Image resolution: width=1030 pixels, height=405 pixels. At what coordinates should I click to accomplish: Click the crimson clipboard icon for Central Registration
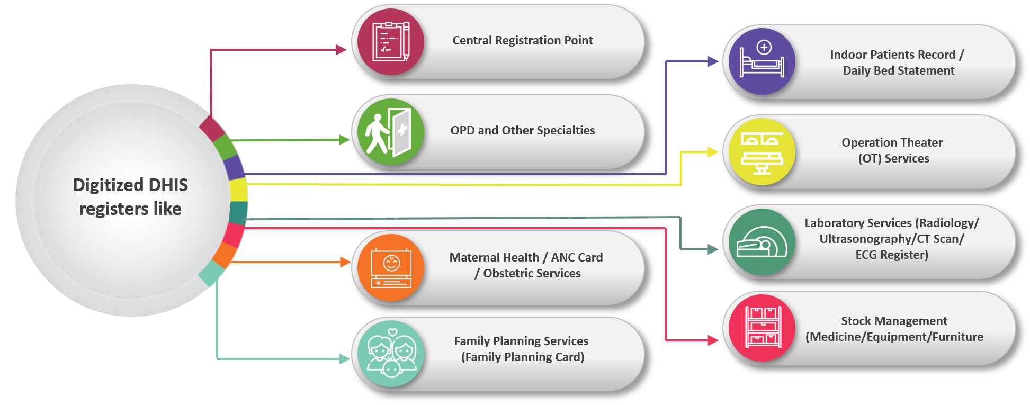coord(391,42)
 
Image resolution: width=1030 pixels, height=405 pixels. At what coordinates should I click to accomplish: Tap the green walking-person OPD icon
coord(391,132)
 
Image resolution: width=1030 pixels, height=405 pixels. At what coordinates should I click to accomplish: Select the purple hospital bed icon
coord(762,61)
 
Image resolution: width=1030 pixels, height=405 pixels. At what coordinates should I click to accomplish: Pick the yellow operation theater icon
coord(762,152)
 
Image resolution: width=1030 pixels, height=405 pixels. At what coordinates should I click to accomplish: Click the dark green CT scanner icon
coord(762,242)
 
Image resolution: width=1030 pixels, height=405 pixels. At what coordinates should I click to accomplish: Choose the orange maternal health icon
coord(391,268)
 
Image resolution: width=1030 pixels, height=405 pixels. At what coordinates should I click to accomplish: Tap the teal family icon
coord(391,354)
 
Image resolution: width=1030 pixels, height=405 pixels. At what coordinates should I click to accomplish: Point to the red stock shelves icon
coord(762,328)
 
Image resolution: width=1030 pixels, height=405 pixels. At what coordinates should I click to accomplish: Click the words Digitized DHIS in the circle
coord(130,185)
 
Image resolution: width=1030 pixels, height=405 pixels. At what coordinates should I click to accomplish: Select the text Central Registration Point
coord(522,41)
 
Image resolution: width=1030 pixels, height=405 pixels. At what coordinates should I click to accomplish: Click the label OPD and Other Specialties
coord(522,131)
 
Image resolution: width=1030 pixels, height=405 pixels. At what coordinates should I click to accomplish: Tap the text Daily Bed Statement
coord(898,71)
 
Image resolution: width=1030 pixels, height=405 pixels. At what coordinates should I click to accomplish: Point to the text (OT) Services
coord(893,159)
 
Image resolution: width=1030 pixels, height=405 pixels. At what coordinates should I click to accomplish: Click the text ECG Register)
coord(892,255)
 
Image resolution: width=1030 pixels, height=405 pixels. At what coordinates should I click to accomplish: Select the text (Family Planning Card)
coord(522,357)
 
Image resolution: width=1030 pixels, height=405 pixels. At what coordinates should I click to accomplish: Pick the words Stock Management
coord(894,321)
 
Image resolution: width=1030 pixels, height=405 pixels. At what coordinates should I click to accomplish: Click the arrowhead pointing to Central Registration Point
coord(342,50)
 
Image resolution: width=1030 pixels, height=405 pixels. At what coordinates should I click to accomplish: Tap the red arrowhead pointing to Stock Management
coord(713,340)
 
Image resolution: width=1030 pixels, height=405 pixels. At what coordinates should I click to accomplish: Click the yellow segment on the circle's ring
coord(239,190)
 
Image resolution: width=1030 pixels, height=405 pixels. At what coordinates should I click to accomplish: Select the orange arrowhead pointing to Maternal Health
coord(345,262)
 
